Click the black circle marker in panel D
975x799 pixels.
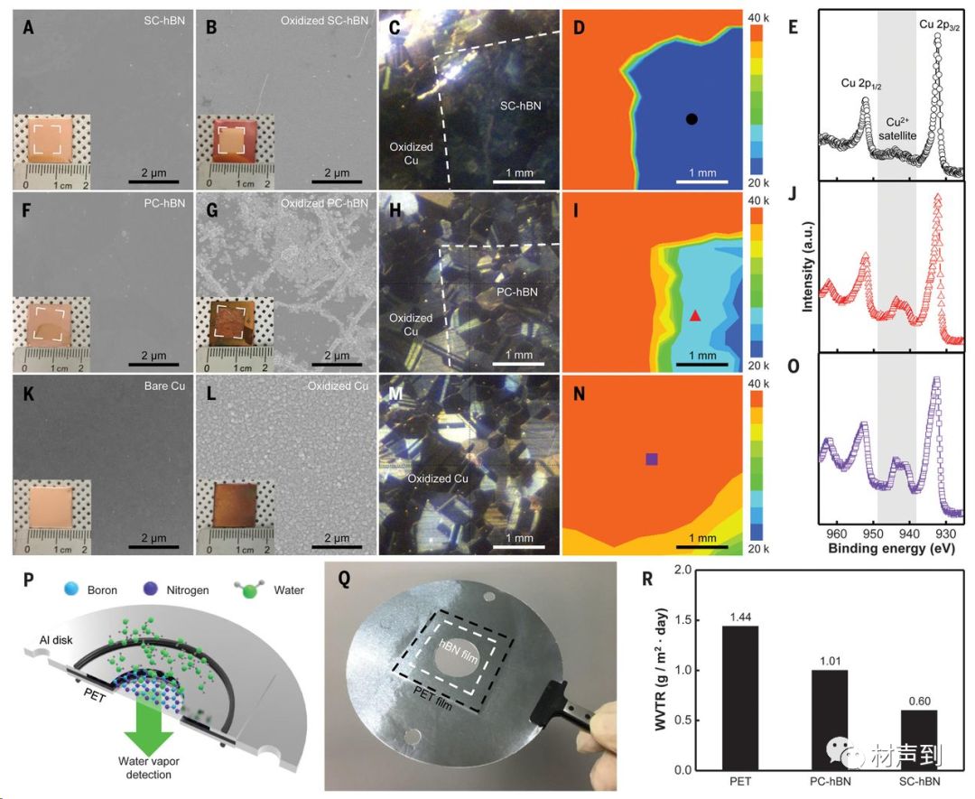coord(692,119)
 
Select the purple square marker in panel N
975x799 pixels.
coord(652,460)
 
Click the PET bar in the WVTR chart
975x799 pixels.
coord(739,697)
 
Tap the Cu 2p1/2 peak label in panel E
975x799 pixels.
coord(861,83)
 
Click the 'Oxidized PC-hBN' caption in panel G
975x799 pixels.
coord(323,203)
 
